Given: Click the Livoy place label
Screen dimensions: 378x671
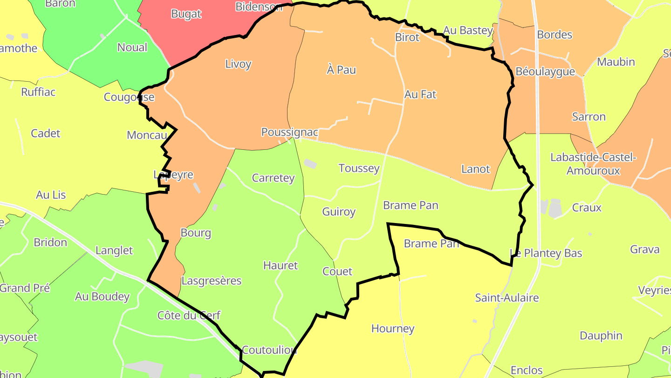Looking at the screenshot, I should click(x=238, y=64).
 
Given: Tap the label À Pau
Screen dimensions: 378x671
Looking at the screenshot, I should click(x=341, y=70).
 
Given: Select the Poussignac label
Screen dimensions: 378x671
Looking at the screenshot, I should click(x=289, y=132).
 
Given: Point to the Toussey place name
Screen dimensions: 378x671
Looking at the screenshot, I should click(x=359, y=168).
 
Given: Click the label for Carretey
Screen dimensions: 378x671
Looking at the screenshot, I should click(x=273, y=178).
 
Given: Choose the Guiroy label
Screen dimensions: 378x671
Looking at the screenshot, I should click(x=339, y=212).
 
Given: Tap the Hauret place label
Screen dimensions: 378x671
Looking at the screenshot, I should click(x=280, y=266).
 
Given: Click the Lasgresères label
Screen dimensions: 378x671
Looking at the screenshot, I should click(x=212, y=281).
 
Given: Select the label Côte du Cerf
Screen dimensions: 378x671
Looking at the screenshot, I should click(x=189, y=315).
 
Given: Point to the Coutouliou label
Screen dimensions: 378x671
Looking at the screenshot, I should click(x=269, y=350).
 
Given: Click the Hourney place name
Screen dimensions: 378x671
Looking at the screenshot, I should click(x=393, y=329).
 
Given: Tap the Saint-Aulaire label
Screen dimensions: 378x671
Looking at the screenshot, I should click(x=507, y=298).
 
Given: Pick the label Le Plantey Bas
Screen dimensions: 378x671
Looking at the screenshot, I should click(x=546, y=253).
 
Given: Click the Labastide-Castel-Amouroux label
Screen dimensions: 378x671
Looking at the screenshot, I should click(x=593, y=164).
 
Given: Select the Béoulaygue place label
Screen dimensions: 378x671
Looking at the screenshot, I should click(x=545, y=72).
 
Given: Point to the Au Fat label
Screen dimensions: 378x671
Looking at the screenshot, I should click(x=420, y=94).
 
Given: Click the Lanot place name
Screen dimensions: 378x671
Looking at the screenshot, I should click(x=475, y=169).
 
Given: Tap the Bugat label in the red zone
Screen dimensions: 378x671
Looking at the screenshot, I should click(x=186, y=14).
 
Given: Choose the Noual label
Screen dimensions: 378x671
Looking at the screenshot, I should click(x=132, y=48).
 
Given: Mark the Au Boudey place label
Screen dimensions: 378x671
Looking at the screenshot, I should click(x=102, y=297).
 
